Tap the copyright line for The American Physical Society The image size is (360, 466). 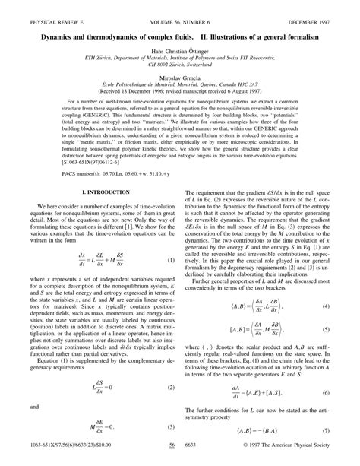click(302, 458)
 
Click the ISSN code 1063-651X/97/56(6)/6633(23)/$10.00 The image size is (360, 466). click(63, 458)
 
